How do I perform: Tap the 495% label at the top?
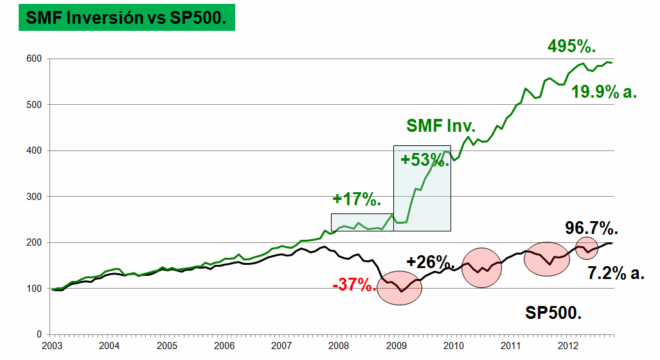coord(571,46)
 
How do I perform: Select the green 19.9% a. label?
coord(604,92)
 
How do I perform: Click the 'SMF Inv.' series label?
coord(441,126)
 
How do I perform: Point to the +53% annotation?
coord(425,159)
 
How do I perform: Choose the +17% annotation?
coord(357,200)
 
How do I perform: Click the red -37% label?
coord(354,285)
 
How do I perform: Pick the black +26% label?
coord(431,262)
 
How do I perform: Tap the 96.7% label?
coord(591,228)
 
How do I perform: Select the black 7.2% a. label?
coord(616,273)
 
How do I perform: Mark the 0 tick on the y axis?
coord(39,334)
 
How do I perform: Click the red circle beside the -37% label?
coord(399,290)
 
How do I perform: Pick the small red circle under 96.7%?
coord(586,248)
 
